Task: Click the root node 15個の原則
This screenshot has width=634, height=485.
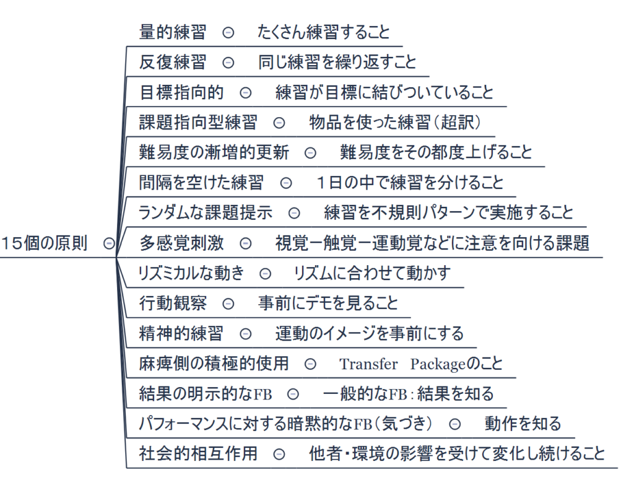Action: click(44, 243)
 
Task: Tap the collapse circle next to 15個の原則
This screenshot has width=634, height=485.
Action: click(109, 243)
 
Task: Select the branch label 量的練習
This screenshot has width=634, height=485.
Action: click(173, 32)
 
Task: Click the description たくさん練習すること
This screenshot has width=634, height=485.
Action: click(323, 32)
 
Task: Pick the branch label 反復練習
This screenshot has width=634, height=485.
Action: click(173, 62)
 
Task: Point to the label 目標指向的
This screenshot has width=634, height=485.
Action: click(181, 92)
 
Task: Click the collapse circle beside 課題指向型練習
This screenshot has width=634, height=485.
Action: click(279, 123)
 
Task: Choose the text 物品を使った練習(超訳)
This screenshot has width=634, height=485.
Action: click(395, 123)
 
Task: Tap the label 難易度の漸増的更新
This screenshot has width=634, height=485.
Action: click(214, 152)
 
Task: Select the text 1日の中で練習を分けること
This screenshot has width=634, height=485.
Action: click(409, 183)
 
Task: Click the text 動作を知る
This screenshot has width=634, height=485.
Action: click(523, 424)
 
